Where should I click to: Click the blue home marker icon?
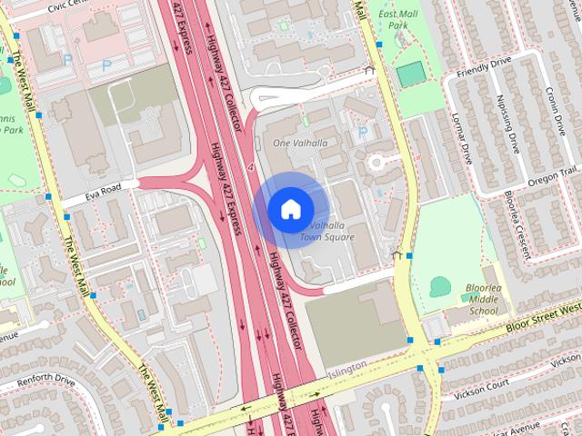pyautogui.click(x=289, y=208)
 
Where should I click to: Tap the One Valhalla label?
pyautogui.click(x=300, y=144)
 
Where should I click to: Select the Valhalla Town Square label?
pyautogui.click(x=327, y=231)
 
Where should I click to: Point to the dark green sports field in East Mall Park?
pyautogui.click(x=410, y=75)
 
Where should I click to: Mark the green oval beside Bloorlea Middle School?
pyautogui.click(x=440, y=287)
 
